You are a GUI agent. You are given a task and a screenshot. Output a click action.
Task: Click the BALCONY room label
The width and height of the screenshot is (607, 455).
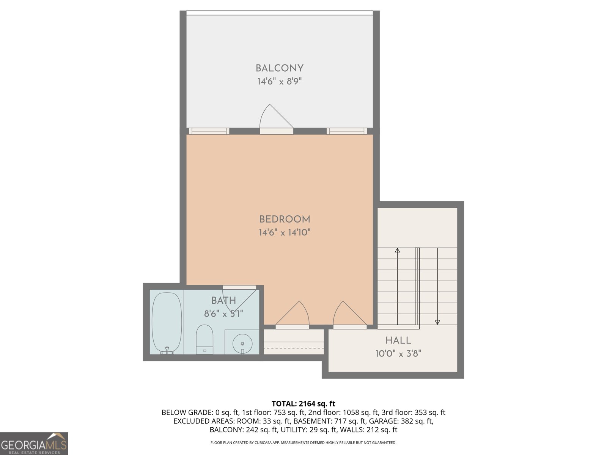click(x=280, y=68)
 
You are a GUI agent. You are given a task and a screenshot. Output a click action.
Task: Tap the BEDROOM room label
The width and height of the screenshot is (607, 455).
click(x=285, y=219)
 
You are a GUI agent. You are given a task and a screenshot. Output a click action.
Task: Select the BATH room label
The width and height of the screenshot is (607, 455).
click(x=223, y=301)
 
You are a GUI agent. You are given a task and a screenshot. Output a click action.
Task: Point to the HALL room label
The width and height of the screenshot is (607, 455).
click(x=398, y=340)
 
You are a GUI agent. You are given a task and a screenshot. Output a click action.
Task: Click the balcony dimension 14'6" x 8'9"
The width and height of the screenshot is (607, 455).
click(x=280, y=82)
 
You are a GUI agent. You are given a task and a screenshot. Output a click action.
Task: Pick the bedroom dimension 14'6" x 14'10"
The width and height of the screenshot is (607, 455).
click(x=285, y=232)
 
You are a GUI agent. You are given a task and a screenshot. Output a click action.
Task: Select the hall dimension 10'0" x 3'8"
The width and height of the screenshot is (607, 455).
click(x=398, y=354)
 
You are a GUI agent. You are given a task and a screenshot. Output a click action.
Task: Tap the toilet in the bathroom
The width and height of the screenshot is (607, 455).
click(x=204, y=338)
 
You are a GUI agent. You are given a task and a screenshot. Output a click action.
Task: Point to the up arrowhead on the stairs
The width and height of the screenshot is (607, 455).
click(x=397, y=250)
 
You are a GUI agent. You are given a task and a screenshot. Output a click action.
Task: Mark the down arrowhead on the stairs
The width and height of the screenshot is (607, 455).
click(x=437, y=322)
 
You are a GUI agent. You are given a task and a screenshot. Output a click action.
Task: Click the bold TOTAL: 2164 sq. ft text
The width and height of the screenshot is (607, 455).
click(x=303, y=404)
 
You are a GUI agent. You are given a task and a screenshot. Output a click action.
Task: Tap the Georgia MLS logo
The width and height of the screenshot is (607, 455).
click(x=34, y=444)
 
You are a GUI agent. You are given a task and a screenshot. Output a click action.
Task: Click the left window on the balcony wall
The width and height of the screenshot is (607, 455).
click(x=209, y=131)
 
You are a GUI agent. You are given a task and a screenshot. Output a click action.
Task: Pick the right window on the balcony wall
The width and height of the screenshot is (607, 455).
click(x=347, y=131)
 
